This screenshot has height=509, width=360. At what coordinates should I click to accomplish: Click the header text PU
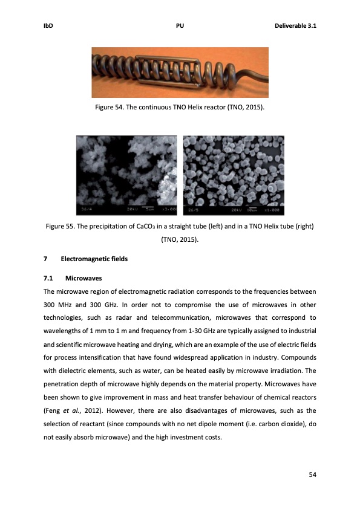[180, 25]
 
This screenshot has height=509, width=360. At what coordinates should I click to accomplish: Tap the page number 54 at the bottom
[313, 474]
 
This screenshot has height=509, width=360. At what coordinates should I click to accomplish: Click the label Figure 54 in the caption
[110, 107]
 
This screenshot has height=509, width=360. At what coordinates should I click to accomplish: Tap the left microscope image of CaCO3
[126, 175]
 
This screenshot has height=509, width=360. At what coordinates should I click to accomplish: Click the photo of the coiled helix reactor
[180, 72]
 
